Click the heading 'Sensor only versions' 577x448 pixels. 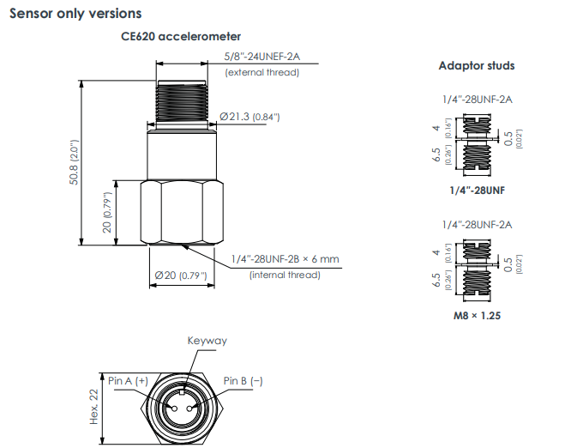click(x=75, y=14)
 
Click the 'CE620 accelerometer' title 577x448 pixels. click(x=181, y=37)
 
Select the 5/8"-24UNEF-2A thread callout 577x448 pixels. click(x=262, y=57)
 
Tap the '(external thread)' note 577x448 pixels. click(x=262, y=73)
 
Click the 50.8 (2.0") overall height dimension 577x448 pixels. click(x=75, y=163)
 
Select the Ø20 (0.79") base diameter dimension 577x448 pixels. click(x=181, y=275)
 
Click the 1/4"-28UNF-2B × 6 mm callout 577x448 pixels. click(x=285, y=259)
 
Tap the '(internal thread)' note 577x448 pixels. click(x=285, y=275)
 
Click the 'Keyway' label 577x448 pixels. click(x=207, y=341)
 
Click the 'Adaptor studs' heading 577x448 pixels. click(x=477, y=65)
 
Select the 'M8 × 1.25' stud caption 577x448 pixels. click(x=477, y=315)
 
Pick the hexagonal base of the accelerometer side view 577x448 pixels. click(x=182, y=211)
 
